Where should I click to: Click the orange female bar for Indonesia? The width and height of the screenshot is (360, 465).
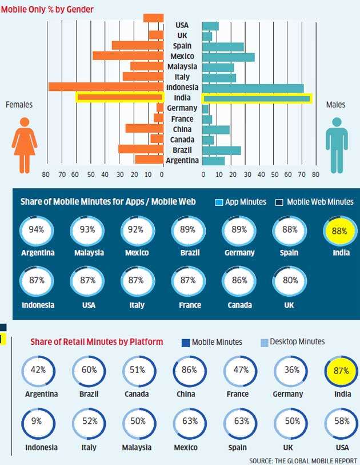(x=106, y=87)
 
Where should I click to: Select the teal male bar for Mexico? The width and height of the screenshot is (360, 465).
(x=229, y=57)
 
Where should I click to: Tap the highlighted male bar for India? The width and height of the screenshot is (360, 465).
(x=257, y=98)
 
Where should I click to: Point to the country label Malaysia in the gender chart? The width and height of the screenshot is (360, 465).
(x=183, y=67)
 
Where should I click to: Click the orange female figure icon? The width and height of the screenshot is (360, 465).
(x=25, y=145)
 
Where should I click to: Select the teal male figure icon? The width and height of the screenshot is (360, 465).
(x=336, y=145)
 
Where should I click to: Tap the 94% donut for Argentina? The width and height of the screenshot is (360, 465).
(x=37, y=230)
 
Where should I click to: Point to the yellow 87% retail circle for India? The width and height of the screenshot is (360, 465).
(x=341, y=370)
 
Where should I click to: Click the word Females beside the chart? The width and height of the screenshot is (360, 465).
(x=19, y=105)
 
